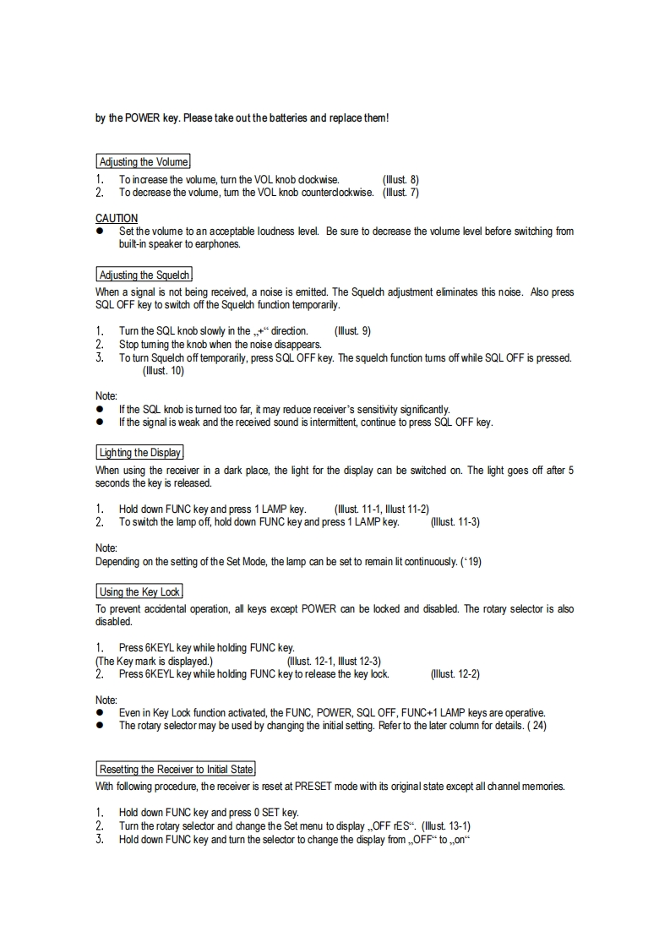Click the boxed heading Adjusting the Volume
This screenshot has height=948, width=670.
[143, 162]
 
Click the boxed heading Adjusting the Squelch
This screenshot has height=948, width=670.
[144, 275]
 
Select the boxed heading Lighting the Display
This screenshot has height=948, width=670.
[139, 453]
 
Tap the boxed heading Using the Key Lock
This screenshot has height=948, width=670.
[139, 592]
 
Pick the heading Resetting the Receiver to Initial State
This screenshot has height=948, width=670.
[176, 770]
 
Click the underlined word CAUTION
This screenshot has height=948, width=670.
[117, 218]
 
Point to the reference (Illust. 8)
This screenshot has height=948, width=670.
[400, 180]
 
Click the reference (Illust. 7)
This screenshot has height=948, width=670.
[400, 193]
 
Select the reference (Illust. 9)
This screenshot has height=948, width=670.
[352, 331]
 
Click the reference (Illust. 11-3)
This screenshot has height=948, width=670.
[455, 522]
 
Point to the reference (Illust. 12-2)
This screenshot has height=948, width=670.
[455, 674]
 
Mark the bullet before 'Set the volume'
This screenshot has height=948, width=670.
[99, 232]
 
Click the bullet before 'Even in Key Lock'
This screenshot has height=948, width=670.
[99, 713]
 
